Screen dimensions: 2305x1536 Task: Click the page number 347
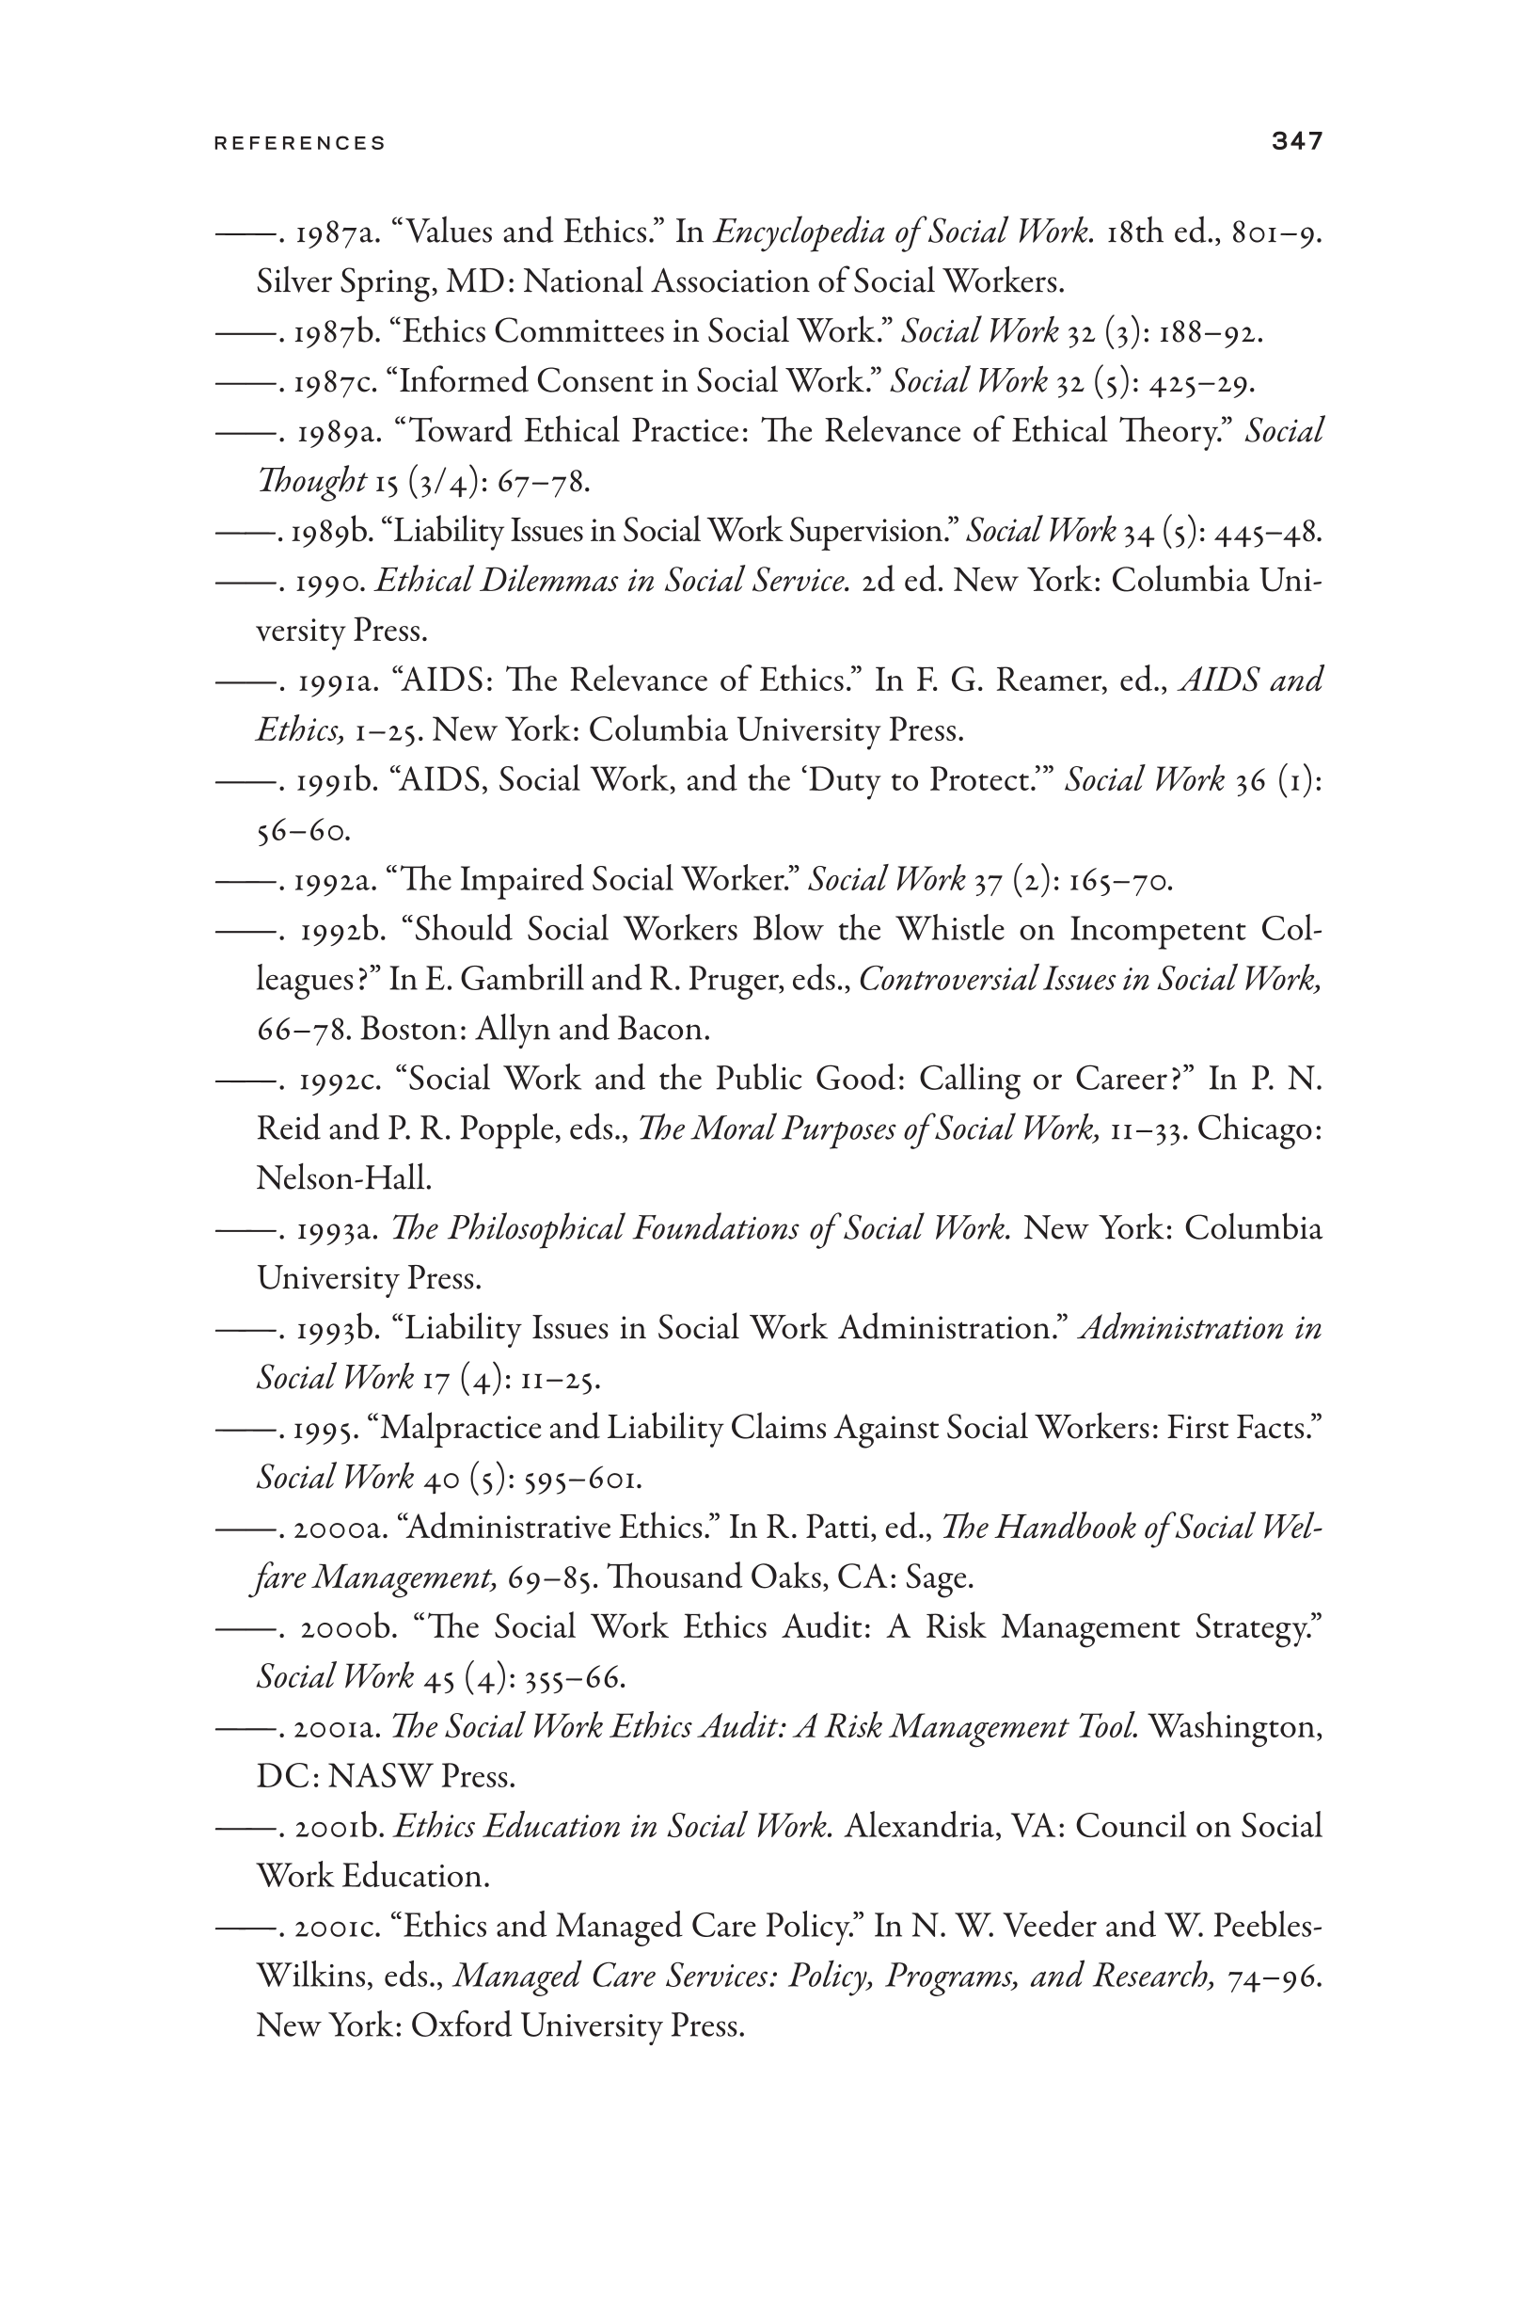click(1297, 141)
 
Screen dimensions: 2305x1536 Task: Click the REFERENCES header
click(300, 143)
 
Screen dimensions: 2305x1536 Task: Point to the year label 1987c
click(334, 381)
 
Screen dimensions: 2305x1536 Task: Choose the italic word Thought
click(310, 481)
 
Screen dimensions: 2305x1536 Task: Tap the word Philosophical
click(535, 1228)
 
